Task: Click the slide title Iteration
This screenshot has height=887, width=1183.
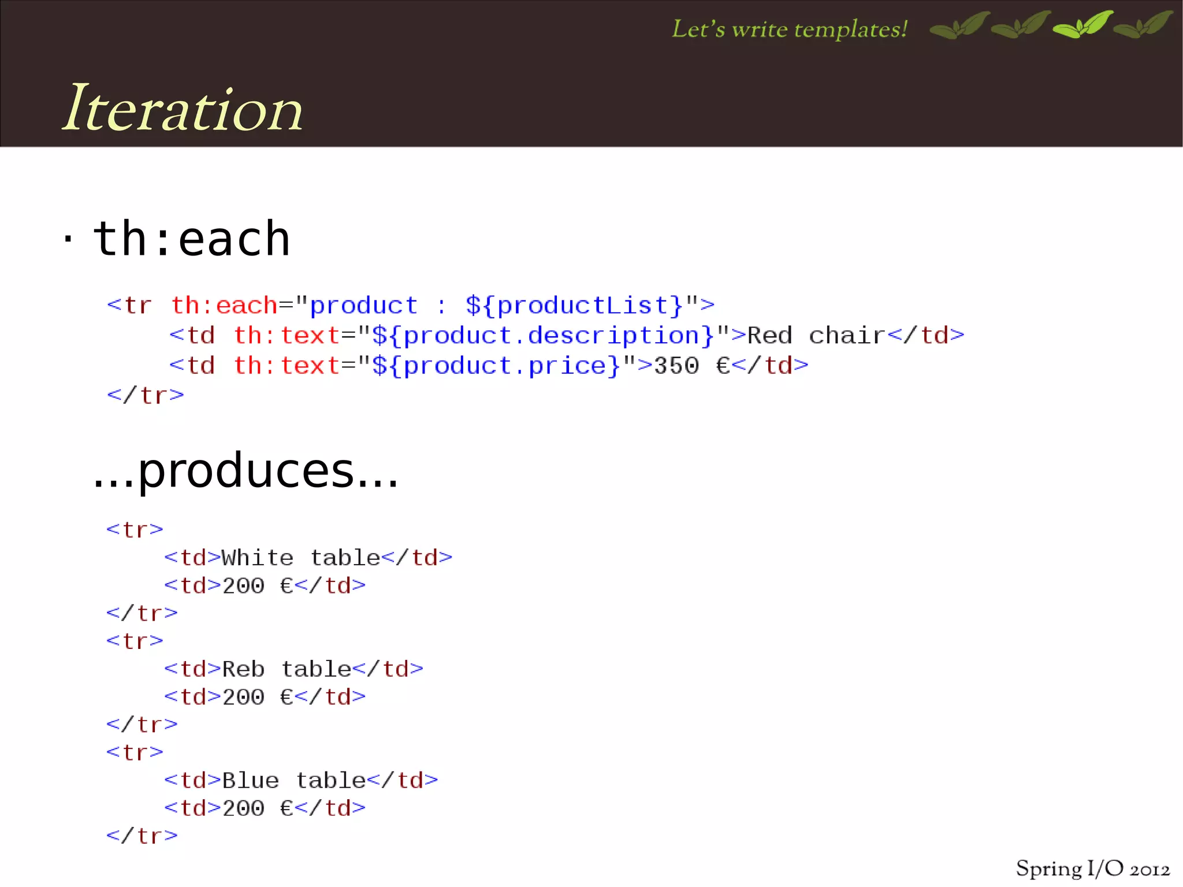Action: (183, 109)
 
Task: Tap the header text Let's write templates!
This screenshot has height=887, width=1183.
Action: (789, 29)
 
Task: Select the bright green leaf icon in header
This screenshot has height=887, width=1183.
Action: (1082, 25)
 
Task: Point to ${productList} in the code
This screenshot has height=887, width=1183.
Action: (575, 305)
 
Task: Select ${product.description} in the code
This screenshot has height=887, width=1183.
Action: (543, 335)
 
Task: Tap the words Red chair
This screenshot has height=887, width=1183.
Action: (816, 335)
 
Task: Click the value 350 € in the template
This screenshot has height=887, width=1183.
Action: (691, 366)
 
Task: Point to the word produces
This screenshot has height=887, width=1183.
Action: (245, 470)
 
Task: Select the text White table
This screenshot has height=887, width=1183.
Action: (301, 558)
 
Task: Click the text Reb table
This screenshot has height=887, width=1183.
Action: (287, 669)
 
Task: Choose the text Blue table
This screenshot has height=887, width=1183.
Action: (294, 780)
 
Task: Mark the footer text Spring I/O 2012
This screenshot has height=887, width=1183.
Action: (1092, 869)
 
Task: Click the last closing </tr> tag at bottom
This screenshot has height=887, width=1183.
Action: (142, 836)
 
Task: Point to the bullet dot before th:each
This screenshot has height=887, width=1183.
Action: (68, 238)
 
